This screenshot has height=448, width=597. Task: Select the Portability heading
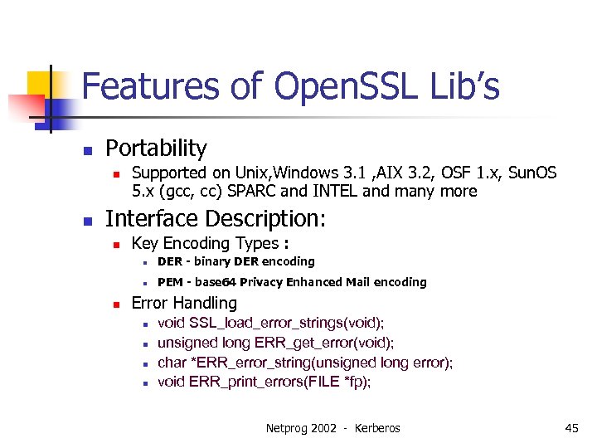156,149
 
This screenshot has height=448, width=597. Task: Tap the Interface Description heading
216,219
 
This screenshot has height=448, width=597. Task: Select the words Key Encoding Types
205,243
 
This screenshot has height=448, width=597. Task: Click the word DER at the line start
170,262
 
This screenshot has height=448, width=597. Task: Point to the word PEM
170,282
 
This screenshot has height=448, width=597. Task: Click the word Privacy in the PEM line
259,282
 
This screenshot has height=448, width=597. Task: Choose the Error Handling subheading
184,304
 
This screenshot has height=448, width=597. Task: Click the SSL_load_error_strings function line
270,323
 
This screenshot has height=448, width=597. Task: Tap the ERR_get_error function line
275,343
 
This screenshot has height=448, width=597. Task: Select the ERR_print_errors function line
264,382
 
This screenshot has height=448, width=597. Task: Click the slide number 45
571,428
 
